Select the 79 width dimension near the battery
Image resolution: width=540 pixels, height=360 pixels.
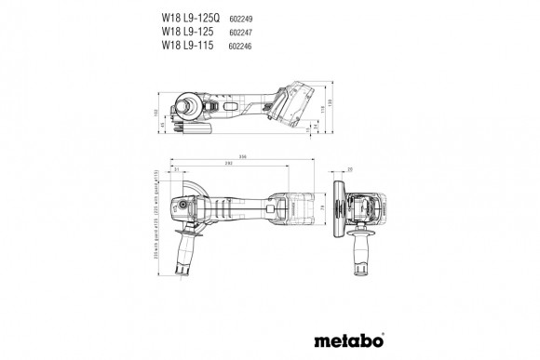(322, 206)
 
